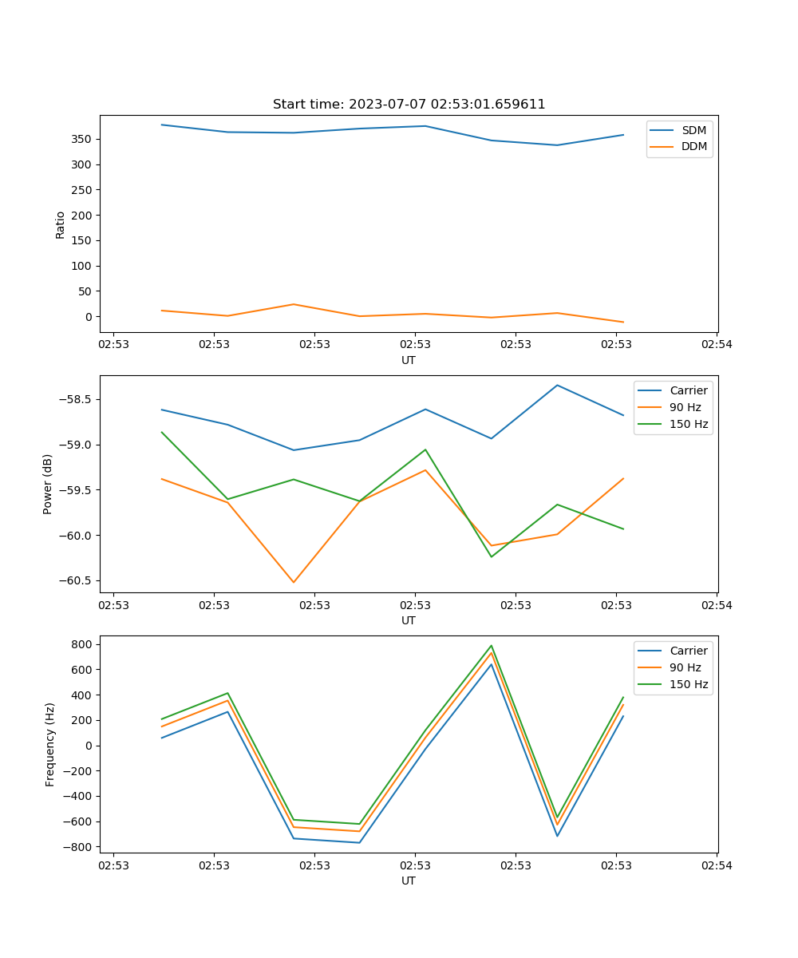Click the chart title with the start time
tap(409, 105)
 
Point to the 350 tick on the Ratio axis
tap(82, 139)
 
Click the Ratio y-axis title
tap(61, 224)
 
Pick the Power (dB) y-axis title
tap(48, 484)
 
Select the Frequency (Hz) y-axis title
tap(50, 744)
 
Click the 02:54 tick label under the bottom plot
tap(716, 865)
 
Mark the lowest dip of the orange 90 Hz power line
tap(294, 582)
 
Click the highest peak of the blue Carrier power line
tap(557, 386)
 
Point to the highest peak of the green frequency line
tap(492, 646)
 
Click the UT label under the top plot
tap(409, 360)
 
